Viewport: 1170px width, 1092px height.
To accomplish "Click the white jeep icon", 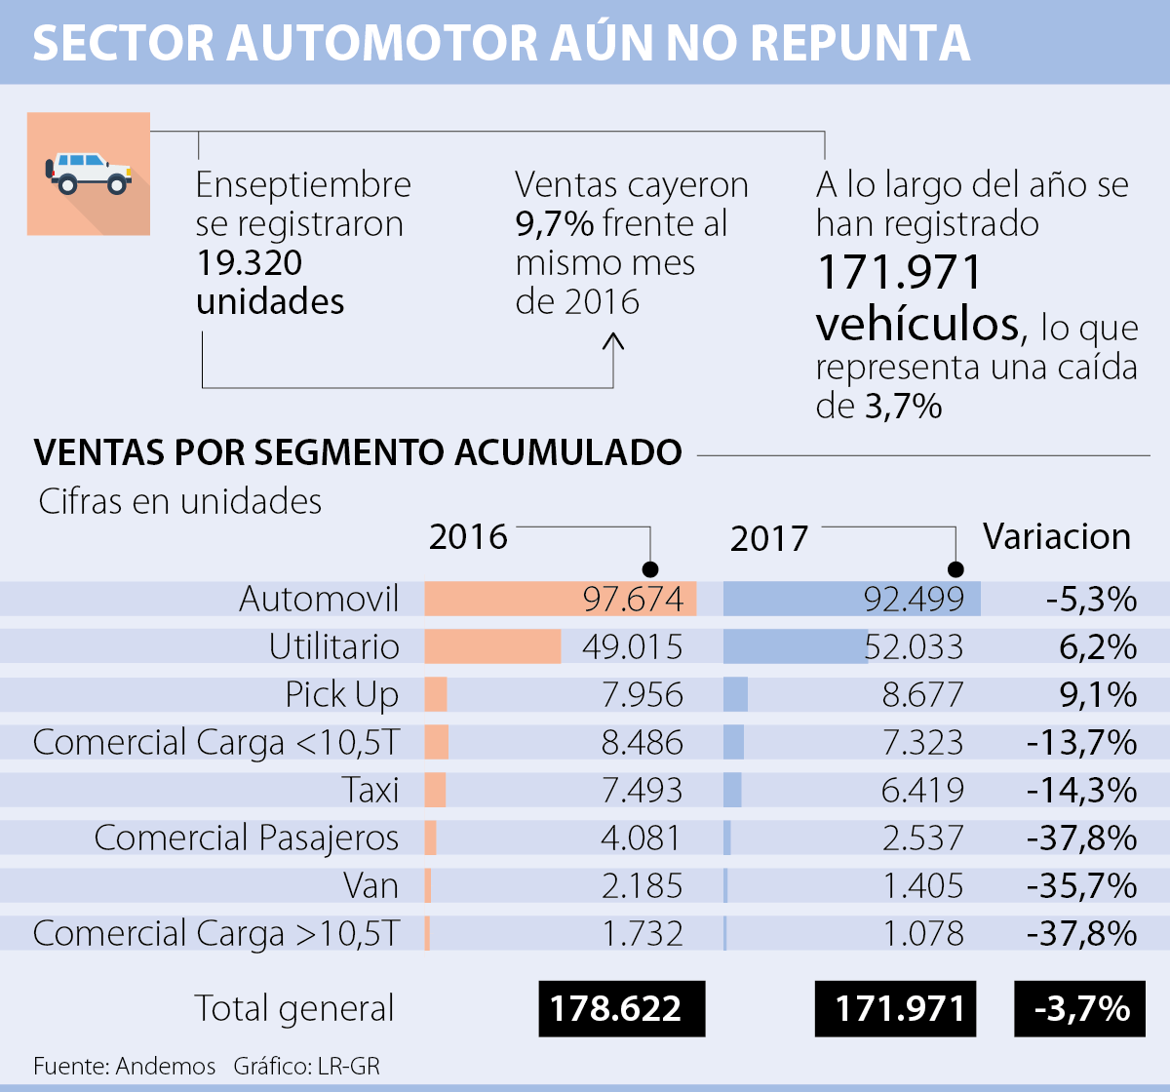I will (x=89, y=173).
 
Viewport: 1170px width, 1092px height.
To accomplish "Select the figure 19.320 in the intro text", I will (x=250, y=262).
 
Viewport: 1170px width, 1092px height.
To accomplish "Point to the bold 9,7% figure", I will (x=554, y=223).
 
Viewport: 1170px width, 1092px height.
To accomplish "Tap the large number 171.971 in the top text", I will (x=899, y=273).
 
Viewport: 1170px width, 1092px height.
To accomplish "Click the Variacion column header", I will (x=1057, y=536).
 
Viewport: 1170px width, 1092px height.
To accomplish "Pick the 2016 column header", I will (x=468, y=536).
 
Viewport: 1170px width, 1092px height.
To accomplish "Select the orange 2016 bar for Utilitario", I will (x=492, y=646).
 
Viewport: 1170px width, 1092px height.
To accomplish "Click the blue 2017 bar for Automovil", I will (x=851, y=599).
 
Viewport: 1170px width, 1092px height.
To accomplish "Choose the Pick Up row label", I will (x=342, y=694).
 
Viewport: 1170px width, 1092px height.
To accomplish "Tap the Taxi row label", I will (x=370, y=790).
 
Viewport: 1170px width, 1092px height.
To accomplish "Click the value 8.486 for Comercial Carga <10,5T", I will (x=642, y=742).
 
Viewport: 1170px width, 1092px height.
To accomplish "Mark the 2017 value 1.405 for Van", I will (x=922, y=885).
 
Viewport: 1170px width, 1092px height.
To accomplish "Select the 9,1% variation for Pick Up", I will (x=1098, y=694).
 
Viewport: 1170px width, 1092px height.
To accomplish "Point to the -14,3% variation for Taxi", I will (x=1081, y=790).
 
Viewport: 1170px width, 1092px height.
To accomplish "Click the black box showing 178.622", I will (x=621, y=1008).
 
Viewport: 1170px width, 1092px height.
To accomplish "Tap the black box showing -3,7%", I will (x=1081, y=1008).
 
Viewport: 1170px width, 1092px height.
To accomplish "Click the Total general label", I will (x=294, y=1008).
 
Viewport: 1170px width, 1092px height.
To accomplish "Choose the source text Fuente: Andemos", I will (x=125, y=1066).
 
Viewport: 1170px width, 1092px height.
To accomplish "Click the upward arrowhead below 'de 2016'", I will (x=613, y=341).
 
